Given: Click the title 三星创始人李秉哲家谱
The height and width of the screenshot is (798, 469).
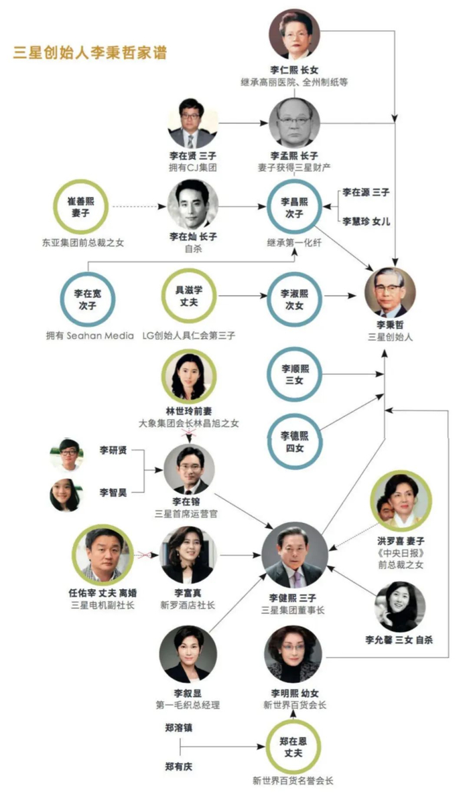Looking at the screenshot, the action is [90, 52].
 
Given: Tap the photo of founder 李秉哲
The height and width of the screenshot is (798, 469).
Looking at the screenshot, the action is [390, 292].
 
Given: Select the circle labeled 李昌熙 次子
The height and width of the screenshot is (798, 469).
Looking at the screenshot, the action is [294, 207].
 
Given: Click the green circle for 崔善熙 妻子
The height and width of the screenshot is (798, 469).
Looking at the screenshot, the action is [80, 207].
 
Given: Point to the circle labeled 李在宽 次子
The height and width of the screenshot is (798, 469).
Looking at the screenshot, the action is [88, 299].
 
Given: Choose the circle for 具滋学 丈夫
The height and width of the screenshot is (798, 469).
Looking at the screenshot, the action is [189, 296].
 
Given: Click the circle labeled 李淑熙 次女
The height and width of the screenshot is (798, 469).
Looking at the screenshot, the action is [294, 299].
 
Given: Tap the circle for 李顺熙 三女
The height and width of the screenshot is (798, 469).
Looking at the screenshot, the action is [294, 374].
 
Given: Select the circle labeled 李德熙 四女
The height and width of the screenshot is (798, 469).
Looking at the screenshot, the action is [294, 442].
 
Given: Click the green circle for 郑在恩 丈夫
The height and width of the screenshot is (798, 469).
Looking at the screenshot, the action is [293, 746].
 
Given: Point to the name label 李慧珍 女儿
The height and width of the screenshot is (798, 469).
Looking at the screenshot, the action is [366, 222].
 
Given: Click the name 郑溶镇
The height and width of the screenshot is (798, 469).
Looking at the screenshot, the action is [179, 728].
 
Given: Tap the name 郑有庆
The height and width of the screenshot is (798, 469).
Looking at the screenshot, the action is [179, 767].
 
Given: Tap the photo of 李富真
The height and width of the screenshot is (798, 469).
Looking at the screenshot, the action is [188, 555].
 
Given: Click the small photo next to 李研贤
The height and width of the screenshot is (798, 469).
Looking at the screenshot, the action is [67, 455].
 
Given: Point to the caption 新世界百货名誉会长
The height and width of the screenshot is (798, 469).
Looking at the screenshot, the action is [293, 780].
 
